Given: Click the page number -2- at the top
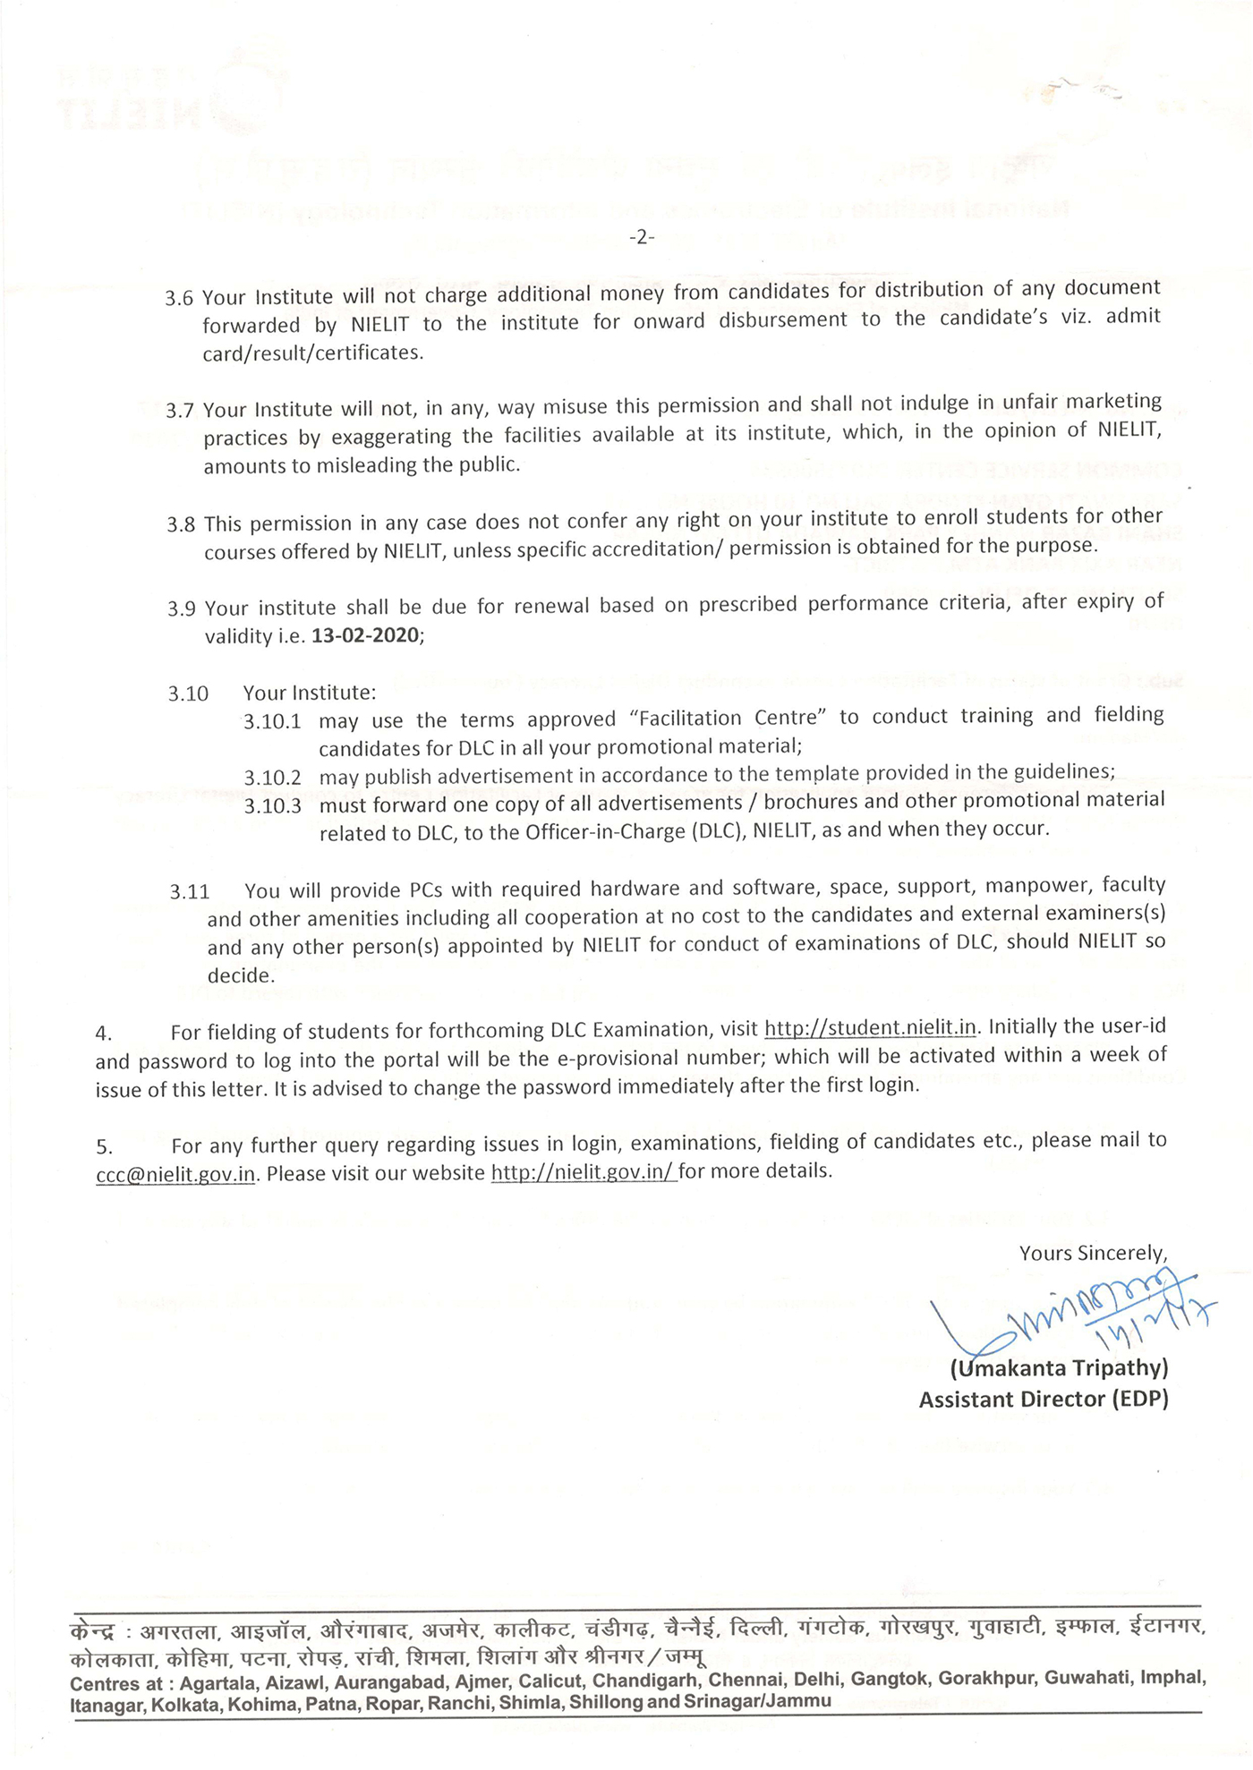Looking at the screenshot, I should pyautogui.click(x=642, y=237).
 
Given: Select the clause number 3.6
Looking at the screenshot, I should pyautogui.click(x=179, y=298).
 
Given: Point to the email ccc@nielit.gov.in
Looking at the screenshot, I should pyautogui.click(x=176, y=1174).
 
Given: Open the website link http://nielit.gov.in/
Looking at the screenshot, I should pyautogui.click(x=584, y=1171).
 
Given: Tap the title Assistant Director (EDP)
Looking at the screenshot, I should pyautogui.click(x=1044, y=1400).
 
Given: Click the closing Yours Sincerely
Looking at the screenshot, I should pyautogui.click(x=1093, y=1253).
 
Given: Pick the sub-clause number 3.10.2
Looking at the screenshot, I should pyautogui.click(x=272, y=778).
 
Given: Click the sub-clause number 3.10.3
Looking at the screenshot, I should pyautogui.click(x=272, y=806).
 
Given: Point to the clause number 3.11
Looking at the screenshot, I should pyautogui.click(x=190, y=892).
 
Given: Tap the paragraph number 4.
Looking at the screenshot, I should pyautogui.click(x=103, y=1034).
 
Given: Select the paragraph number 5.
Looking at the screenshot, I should pyautogui.click(x=104, y=1146).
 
